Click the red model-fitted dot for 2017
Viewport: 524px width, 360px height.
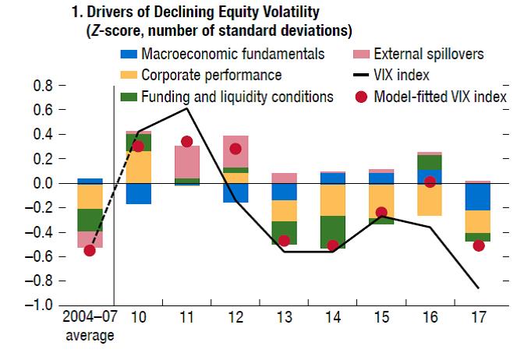tap(479, 245)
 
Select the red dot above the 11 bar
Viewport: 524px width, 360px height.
tap(187, 142)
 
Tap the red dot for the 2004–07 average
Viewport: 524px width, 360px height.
tap(90, 250)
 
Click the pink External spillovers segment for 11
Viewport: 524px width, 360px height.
tap(187, 162)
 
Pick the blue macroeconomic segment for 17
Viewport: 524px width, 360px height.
tap(478, 196)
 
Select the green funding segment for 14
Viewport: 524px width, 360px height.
tap(333, 232)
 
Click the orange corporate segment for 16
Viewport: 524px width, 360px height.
tap(430, 199)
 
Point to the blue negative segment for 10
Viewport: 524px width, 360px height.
tap(138, 194)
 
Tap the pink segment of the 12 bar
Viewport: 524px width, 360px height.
tap(235, 152)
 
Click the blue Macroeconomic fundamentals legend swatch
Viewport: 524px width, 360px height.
tap(129, 54)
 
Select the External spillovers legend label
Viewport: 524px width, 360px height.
tap(429, 54)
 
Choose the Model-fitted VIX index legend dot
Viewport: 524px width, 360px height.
tap(361, 97)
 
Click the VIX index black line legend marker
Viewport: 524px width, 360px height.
tap(361, 75)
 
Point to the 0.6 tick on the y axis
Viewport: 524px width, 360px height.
tap(62, 110)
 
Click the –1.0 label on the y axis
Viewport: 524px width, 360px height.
tap(39, 305)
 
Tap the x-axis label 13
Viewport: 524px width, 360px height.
tap(285, 317)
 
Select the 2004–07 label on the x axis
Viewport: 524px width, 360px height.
tap(90, 316)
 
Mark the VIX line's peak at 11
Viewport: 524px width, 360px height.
tap(187, 108)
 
